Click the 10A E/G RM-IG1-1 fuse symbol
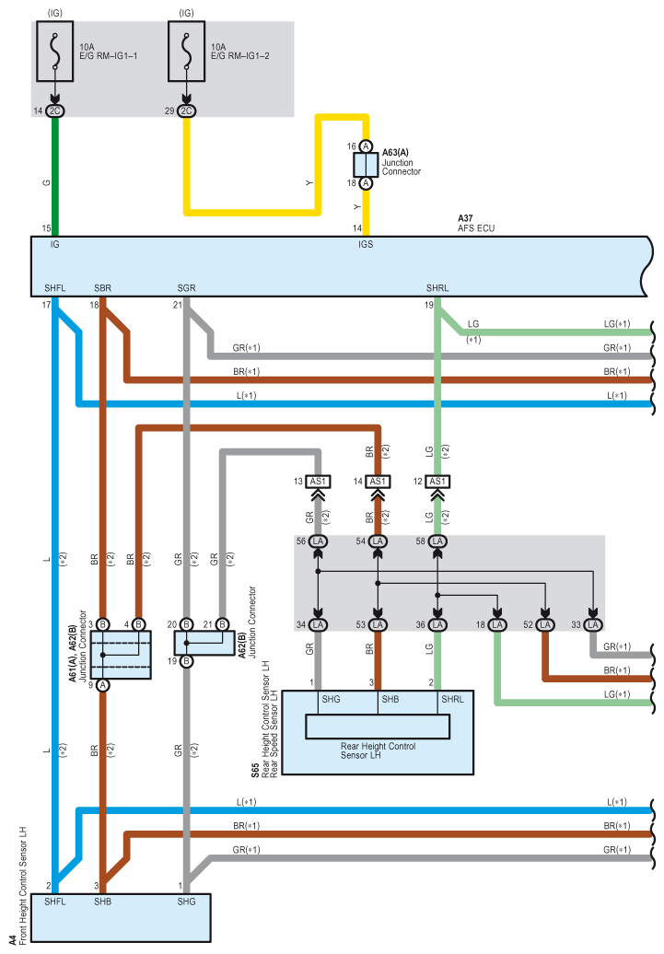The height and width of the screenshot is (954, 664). point(56,52)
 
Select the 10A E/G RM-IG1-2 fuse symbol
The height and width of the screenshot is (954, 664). point(188,52)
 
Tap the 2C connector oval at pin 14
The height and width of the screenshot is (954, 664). point(55,111)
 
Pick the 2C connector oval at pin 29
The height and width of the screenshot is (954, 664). point(187,111)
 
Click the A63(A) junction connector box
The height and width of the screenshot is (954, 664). point(366,165)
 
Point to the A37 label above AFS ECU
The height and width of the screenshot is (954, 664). point(465,218)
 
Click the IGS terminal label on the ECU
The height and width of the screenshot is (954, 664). point(366,245)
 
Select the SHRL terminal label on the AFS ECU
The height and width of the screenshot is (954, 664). point(437,288)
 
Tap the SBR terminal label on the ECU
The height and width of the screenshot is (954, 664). point(103,288)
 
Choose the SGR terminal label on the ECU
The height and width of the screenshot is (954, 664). point(187,288)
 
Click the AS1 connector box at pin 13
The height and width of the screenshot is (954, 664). point(318,482)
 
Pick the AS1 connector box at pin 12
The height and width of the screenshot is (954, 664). point(437,482)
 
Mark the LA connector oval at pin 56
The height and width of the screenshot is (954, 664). point(318,541)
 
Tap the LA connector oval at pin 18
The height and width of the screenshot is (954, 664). point(497,626)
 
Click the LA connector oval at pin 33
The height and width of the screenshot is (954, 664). point(594,626)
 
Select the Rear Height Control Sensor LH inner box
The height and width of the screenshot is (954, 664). point(378,727)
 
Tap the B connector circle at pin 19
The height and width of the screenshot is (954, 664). point(186,661)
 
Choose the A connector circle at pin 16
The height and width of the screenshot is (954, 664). point(366,146)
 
